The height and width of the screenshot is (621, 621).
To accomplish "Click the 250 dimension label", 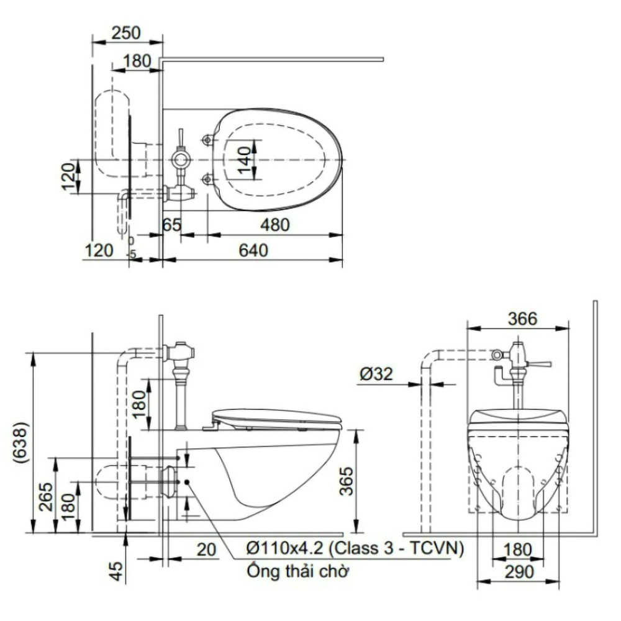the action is coord(126,32).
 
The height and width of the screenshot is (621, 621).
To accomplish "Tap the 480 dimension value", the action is coord(275,225).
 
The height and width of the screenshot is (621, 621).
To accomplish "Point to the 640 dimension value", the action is coord(253,250).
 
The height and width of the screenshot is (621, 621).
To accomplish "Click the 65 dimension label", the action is coord(172,225).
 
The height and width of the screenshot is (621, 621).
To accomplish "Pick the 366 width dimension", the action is coord(522,319).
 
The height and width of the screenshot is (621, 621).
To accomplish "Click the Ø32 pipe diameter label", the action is coord(376,373).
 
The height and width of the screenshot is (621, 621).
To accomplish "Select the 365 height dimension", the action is coord(347,481).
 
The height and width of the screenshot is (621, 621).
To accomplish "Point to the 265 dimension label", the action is coord(46,497).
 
